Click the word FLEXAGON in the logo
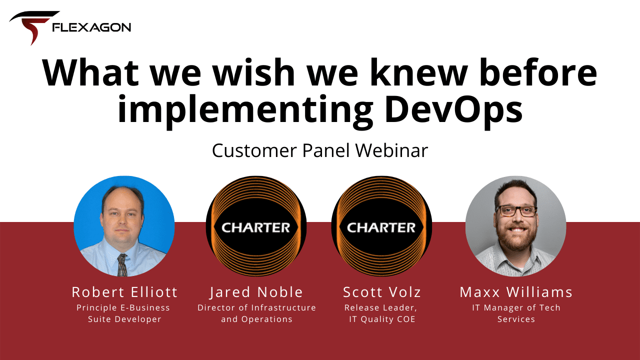91,27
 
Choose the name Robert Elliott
124,292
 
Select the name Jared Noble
256,292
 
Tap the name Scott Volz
382,292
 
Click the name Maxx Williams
516,292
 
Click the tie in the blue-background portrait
122,265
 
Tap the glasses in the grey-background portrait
515,211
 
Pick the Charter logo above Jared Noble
256,226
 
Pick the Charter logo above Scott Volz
381,226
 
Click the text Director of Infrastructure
256,307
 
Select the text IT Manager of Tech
516,307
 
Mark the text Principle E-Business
123,307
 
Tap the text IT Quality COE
382,319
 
